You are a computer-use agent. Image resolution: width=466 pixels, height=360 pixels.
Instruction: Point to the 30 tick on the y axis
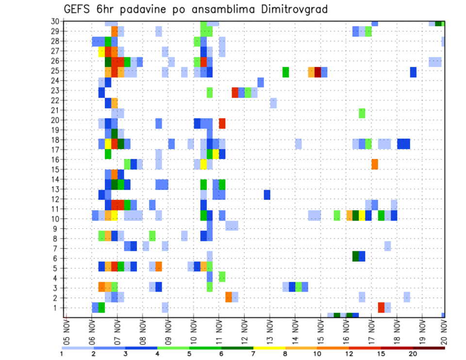click(x=55, y=21)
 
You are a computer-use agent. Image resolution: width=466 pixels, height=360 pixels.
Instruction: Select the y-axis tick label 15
click(x=55, y=169)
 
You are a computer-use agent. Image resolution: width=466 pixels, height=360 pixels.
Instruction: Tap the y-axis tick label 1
click(x=57, y=308)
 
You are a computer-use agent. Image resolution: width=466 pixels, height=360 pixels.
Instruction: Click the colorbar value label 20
click(x=413, y=353)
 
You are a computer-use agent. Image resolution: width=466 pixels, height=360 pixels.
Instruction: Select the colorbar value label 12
click(x=349, y=353)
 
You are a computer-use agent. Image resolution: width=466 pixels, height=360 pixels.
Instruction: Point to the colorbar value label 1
click(x=62, y=353)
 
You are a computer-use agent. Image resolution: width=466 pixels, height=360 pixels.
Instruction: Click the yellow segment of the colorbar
click(x=269, y=347)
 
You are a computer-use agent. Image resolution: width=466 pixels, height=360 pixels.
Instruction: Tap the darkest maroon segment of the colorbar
click(x=429, y=347)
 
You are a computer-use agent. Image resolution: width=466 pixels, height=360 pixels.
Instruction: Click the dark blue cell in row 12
click(x=267, y=194)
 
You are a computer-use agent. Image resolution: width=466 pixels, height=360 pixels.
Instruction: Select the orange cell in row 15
click(x=375, y=164)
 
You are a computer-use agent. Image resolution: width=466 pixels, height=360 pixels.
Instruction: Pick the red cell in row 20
click(x=222, y=123)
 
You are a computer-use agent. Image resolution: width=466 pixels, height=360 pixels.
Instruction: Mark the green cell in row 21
click(x=362, y=113)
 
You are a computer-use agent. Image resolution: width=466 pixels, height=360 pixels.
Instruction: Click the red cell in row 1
click(x=381, y=307)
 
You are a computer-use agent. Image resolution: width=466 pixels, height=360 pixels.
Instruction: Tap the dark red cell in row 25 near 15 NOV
click(x=317, y=72)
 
